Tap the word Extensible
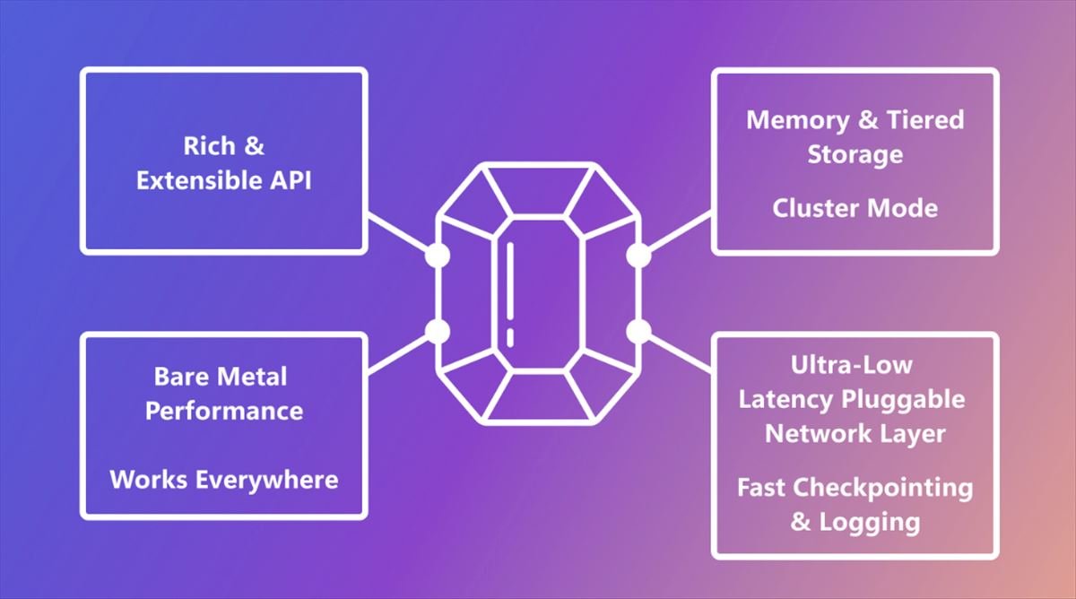[194, 179]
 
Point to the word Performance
[224, 411]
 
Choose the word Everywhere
[268, 479]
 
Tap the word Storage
[855, 154]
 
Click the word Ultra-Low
[851, 365]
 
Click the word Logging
[869, 521]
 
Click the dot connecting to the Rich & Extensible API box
[437, 256]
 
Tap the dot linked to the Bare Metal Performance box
[437, 332]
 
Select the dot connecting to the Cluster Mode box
[638, 256]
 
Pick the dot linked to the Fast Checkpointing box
[638, 332]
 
